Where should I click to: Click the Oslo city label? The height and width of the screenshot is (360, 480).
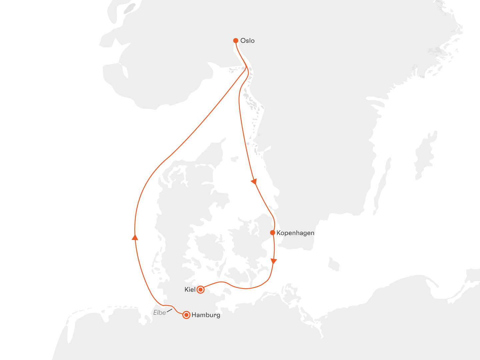tap(247, 41)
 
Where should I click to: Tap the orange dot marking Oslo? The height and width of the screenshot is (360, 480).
tap(236, 41)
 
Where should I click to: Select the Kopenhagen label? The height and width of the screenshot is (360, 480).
tap(295, 233)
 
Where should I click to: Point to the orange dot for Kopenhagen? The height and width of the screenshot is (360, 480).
tap(273, 233)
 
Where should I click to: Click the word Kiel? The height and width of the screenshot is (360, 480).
tap(190, 290)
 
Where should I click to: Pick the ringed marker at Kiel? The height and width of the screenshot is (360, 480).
tap(200, 290)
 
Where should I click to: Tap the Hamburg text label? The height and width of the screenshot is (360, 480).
tap(206, 315)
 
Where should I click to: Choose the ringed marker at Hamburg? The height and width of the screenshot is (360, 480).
tap(187, 315)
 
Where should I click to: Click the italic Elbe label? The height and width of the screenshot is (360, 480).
tap(160, 313)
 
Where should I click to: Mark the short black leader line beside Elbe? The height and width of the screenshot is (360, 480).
tap(169, 311)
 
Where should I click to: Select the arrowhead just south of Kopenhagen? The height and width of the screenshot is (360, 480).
tap(274, 261)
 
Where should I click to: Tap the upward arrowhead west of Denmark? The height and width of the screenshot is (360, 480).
tap(135, 237)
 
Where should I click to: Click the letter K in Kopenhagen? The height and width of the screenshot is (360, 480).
tap(279, 233)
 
